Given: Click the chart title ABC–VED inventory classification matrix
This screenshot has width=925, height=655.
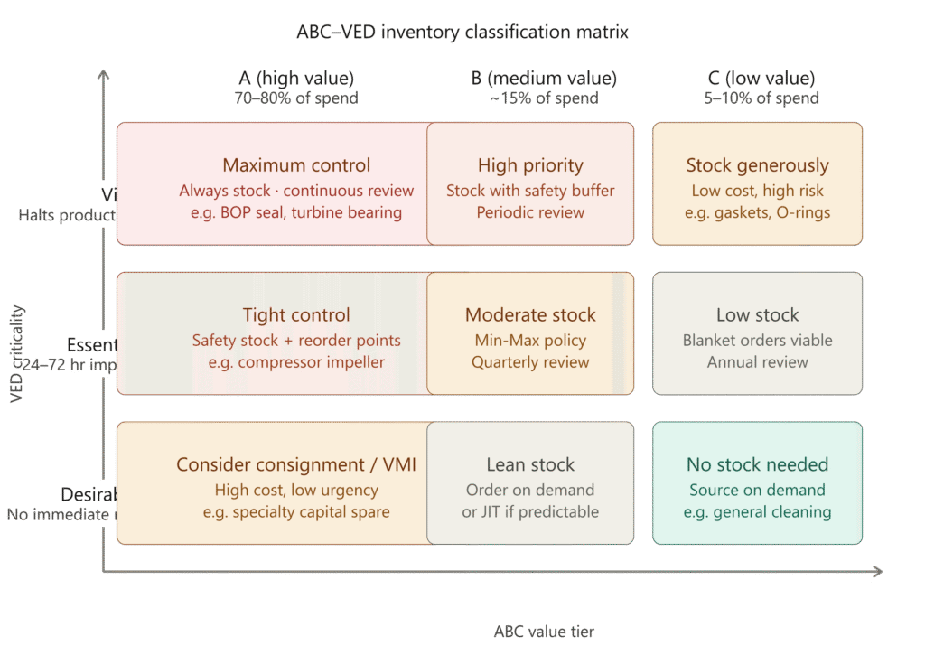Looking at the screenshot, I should pos(462,33).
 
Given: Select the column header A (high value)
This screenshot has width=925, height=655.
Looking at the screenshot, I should pos(296,79).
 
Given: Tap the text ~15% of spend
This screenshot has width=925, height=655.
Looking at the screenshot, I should pos(543,98).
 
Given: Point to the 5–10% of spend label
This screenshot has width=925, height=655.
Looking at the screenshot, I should pos(761,98).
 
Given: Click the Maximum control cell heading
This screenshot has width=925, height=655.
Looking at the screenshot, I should pos(296,165).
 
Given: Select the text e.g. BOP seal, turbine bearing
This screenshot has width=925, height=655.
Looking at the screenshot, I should pos(296,212).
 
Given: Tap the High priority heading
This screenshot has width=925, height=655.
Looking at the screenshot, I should pos(530,165).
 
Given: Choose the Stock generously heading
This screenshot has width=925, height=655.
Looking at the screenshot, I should pos(757,165).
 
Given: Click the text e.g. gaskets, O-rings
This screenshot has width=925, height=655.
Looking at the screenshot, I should pos(757,212).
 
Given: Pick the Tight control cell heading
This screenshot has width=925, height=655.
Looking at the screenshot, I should pos(296,315).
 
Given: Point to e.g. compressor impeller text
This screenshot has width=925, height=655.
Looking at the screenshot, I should pos(296,362).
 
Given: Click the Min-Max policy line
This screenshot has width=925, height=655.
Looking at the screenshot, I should pos(530,341).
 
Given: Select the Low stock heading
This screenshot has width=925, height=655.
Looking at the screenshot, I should pos(757,315).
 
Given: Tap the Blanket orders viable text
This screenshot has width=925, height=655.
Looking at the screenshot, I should pos(757,341).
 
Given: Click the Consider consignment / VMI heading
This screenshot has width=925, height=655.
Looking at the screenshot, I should pos(296,465).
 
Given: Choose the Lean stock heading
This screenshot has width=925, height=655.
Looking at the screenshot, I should pos(530,465).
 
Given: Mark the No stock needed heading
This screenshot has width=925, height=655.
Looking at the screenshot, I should pos(757,465).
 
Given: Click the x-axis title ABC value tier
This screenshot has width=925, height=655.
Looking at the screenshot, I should pos(544,632).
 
